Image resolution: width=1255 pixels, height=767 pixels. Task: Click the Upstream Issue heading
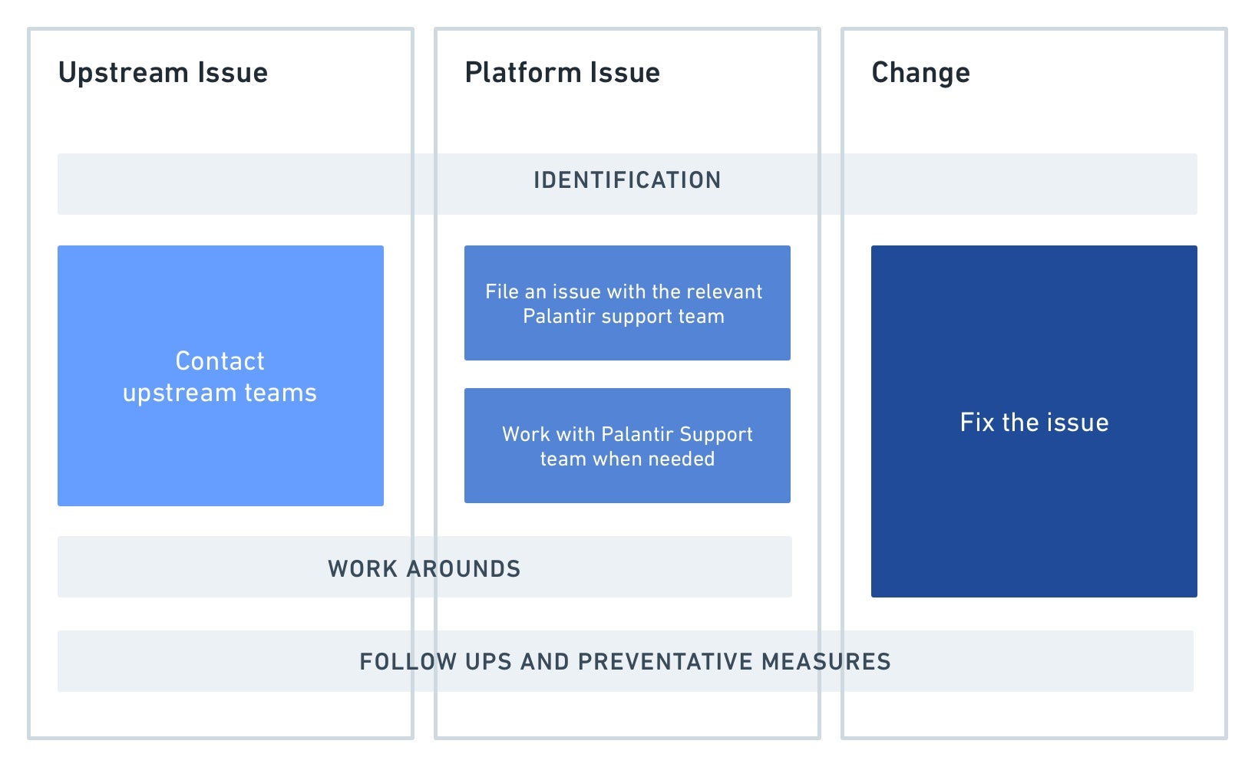coord(163,73)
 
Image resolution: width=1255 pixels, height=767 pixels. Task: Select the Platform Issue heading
coord(563,73)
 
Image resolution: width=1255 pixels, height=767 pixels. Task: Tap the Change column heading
coord(920,74)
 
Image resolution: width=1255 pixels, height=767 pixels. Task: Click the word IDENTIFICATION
coord(627,180)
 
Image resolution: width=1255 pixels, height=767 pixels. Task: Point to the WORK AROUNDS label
coord(424,569)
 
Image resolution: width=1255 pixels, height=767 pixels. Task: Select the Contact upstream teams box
coord(221,376)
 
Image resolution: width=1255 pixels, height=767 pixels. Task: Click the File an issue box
coord(628,303)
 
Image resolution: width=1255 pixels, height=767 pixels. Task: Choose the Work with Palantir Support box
coord(628,446)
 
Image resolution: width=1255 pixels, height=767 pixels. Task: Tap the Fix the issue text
coord(1034,423)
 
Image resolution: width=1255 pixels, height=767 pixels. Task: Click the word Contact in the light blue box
coord(220,361)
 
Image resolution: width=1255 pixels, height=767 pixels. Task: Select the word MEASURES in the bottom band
coord(826,662)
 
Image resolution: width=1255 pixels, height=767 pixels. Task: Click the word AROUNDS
coord(464,569)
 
